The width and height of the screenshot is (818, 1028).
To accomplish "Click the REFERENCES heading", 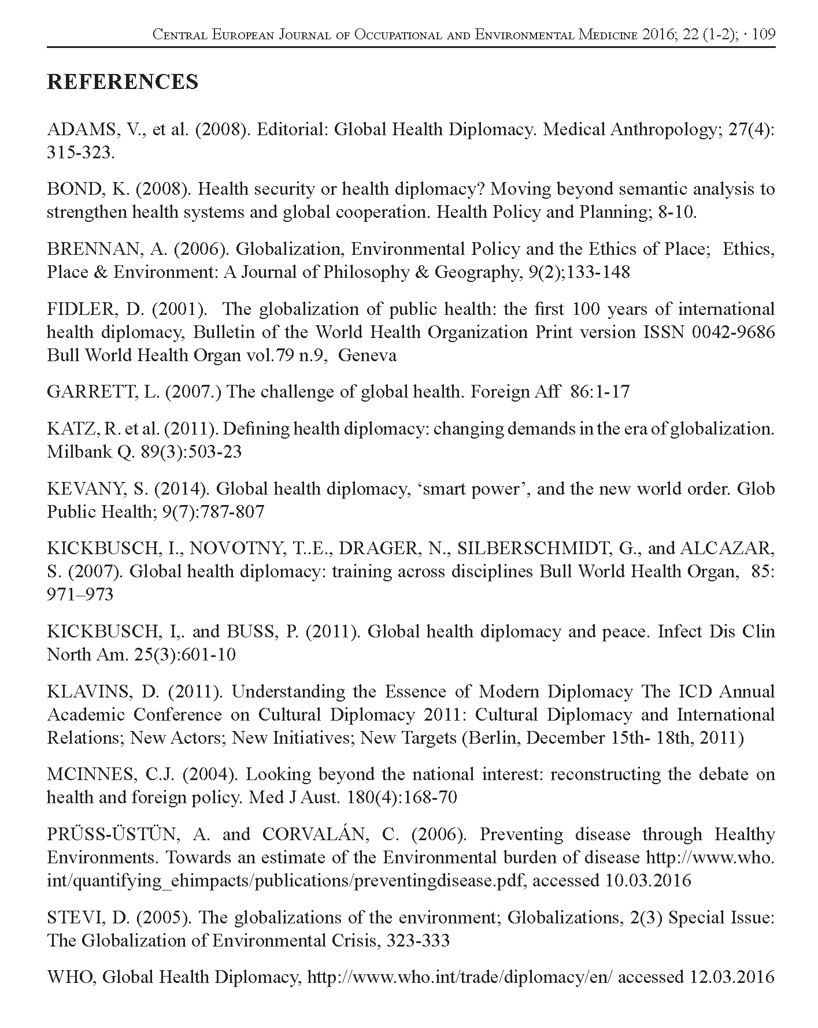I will (122, 82).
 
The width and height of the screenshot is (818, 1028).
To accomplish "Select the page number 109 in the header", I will (764, 35).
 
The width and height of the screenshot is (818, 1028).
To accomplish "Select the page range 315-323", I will (81, 153).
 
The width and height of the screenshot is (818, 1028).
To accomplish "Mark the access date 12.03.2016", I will (732, 977).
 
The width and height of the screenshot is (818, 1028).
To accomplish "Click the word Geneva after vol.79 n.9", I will (367, 355).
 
